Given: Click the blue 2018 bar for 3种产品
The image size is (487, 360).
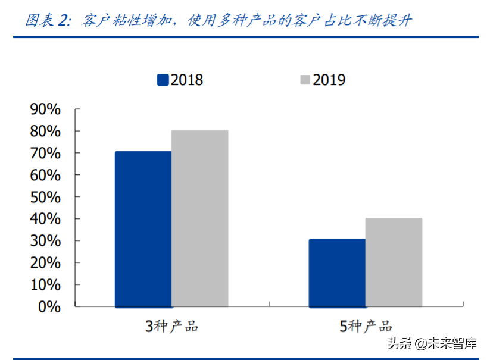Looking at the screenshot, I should (x=143, y=229).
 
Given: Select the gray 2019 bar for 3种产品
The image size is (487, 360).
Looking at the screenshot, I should (x=199, y=218).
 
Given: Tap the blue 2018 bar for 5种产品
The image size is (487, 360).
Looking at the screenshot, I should (x=337, y=273).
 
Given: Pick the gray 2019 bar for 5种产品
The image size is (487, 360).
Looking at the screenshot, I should (x=394, y=262).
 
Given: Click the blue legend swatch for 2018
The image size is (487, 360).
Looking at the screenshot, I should (x=163, y=80).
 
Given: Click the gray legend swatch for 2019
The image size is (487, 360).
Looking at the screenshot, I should (x=304, y=80).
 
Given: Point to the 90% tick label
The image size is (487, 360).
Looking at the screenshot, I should (x=45, y=109).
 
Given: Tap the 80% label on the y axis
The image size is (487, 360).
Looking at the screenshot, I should (x=45, y=132).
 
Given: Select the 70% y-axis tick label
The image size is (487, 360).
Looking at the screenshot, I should (x=45, y=154).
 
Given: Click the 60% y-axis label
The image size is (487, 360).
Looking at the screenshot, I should (x=45, y=176).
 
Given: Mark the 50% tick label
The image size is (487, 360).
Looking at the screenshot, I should (x=45, y=197).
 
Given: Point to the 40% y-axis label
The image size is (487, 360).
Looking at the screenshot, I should (x=45, y=219).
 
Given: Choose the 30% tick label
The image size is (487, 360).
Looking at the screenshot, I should (x=45, y=241).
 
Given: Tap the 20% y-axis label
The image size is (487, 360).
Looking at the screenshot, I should (x=45, y=263).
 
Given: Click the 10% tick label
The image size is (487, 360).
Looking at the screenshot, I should (x=45, y=285).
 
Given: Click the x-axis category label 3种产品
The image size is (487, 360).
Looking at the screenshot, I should (x=171, y=327).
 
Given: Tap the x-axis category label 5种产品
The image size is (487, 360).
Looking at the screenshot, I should (x=366, y=327).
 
